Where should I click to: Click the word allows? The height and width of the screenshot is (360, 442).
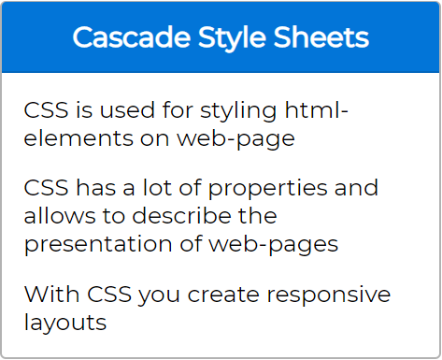(56, 216)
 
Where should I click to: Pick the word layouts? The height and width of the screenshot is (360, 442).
(65, 324)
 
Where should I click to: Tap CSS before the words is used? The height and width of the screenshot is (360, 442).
(45, 111)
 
